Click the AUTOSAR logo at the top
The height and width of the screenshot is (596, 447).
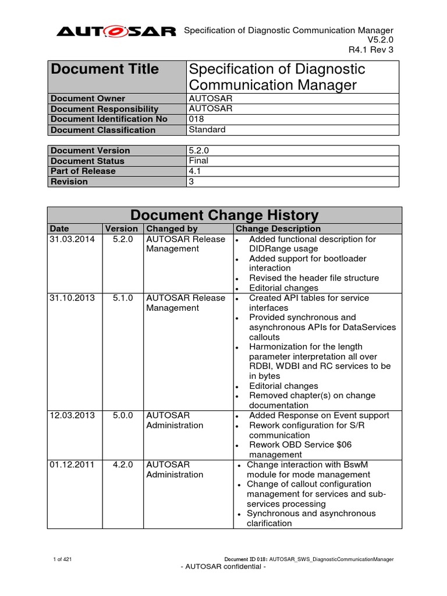116,32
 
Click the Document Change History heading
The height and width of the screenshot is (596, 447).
224,215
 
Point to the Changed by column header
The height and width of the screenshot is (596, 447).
172,229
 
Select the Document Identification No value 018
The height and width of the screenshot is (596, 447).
197,119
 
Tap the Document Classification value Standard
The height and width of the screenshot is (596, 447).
207,130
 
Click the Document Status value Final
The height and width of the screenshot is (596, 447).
198,161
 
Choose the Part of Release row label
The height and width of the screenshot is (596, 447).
83,171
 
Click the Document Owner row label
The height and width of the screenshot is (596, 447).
88,98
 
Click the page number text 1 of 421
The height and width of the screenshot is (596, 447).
62,559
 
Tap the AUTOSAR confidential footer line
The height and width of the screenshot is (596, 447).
223,567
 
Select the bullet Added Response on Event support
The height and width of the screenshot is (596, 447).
319,416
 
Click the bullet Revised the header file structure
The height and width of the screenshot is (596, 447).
314,278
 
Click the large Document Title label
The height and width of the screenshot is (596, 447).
105,69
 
